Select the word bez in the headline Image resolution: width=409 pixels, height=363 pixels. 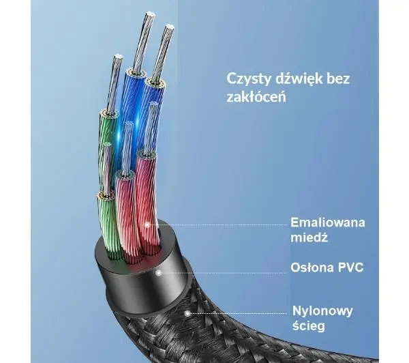point(338,78)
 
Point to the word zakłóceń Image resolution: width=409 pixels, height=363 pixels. point(256,97)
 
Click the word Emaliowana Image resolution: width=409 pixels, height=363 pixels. point(328,222)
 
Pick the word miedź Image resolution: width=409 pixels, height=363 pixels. point(309,237)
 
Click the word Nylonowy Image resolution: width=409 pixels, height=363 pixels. point(322,311)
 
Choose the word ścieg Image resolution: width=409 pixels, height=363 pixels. point(309,326)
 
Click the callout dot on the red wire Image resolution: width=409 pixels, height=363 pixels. point(147,224)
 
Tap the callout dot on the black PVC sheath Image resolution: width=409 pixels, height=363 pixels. point(159,273)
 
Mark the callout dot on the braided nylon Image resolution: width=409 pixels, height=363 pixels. point(187,313)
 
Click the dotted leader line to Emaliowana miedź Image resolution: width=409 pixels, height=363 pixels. point(218,224)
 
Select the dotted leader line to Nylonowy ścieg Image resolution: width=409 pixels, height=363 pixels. point(238,313)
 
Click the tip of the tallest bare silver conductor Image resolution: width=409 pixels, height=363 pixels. point(150,12)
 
